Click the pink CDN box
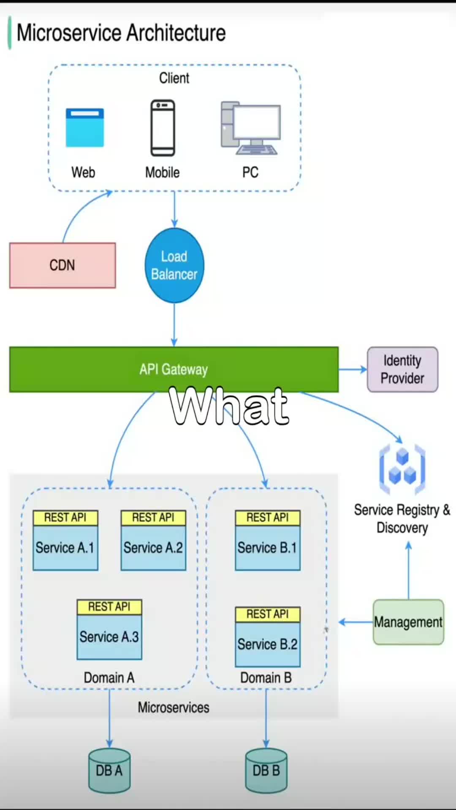tap(62, 265)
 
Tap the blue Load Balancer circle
tap(174, 265)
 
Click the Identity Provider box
tap(402, 370)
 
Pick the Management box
tap(408, 622)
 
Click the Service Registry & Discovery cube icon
tap(402, 469)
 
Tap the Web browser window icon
tap(84, 127)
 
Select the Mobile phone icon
tap(163, 128)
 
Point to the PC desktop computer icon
tap(250, 128)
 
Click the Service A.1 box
tap(65, 548)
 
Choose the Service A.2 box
tap(153, 548)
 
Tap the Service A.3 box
tap(109, 637)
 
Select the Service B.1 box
tap(268, 548)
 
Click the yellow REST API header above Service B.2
tap(268, 614)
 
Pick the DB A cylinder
tap(109, 770)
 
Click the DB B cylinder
tap(266, 770)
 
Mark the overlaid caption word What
tap(229, 406)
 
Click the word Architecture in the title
tap(176, 33)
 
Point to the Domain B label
tap(266, 678)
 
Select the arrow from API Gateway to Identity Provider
tap(353, 370)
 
